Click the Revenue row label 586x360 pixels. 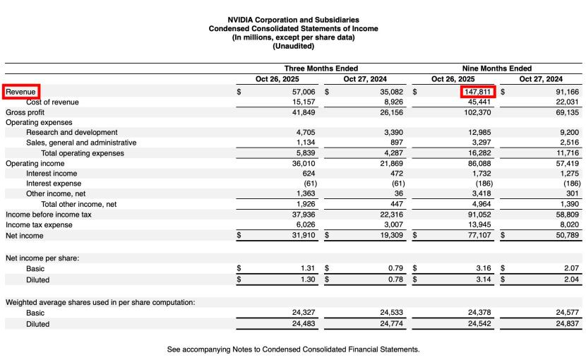21,92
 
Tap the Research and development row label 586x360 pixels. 71,132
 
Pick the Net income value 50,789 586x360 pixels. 565,236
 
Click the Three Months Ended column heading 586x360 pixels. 321,68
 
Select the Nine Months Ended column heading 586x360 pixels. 497,68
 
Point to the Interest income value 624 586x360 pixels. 308,173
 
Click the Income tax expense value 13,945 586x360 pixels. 479,225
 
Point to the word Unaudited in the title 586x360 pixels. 293,47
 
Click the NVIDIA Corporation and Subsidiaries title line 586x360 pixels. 293,20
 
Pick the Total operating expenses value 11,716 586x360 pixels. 567,152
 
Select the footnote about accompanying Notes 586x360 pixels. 293,349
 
